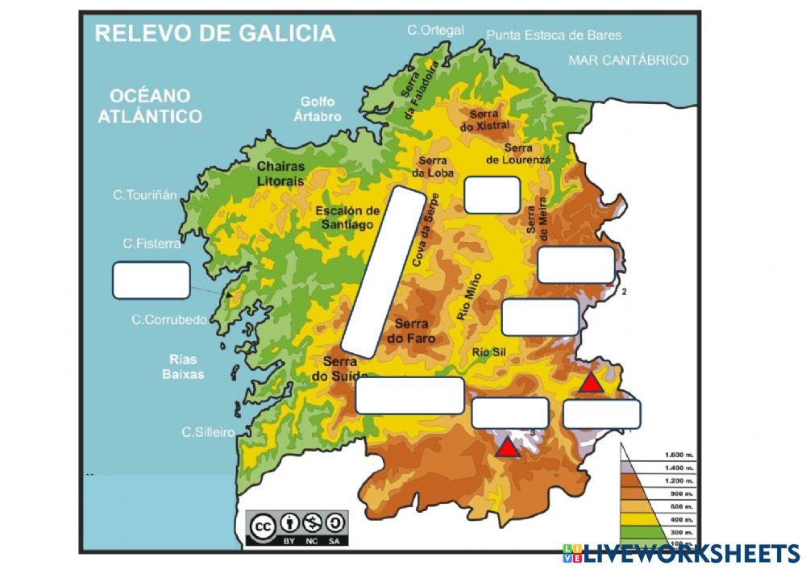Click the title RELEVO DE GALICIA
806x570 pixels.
[214, 33]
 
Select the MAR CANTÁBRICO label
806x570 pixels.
[629, 60]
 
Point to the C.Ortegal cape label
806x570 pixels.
[435, 30]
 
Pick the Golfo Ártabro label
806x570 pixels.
[317, 109]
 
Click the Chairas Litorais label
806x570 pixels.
[280, 173]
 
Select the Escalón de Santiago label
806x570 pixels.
[347, 218]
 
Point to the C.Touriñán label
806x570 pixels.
[145, 195]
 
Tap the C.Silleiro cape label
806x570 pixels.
[208, 432]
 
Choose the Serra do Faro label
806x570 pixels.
[411, 331]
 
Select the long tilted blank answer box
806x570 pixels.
[384, 271]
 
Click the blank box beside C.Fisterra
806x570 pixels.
[152, 280]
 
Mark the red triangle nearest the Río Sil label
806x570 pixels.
[591, 383]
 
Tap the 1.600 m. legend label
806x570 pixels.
[678, 455]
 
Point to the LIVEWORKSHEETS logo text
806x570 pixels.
[691, 553]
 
